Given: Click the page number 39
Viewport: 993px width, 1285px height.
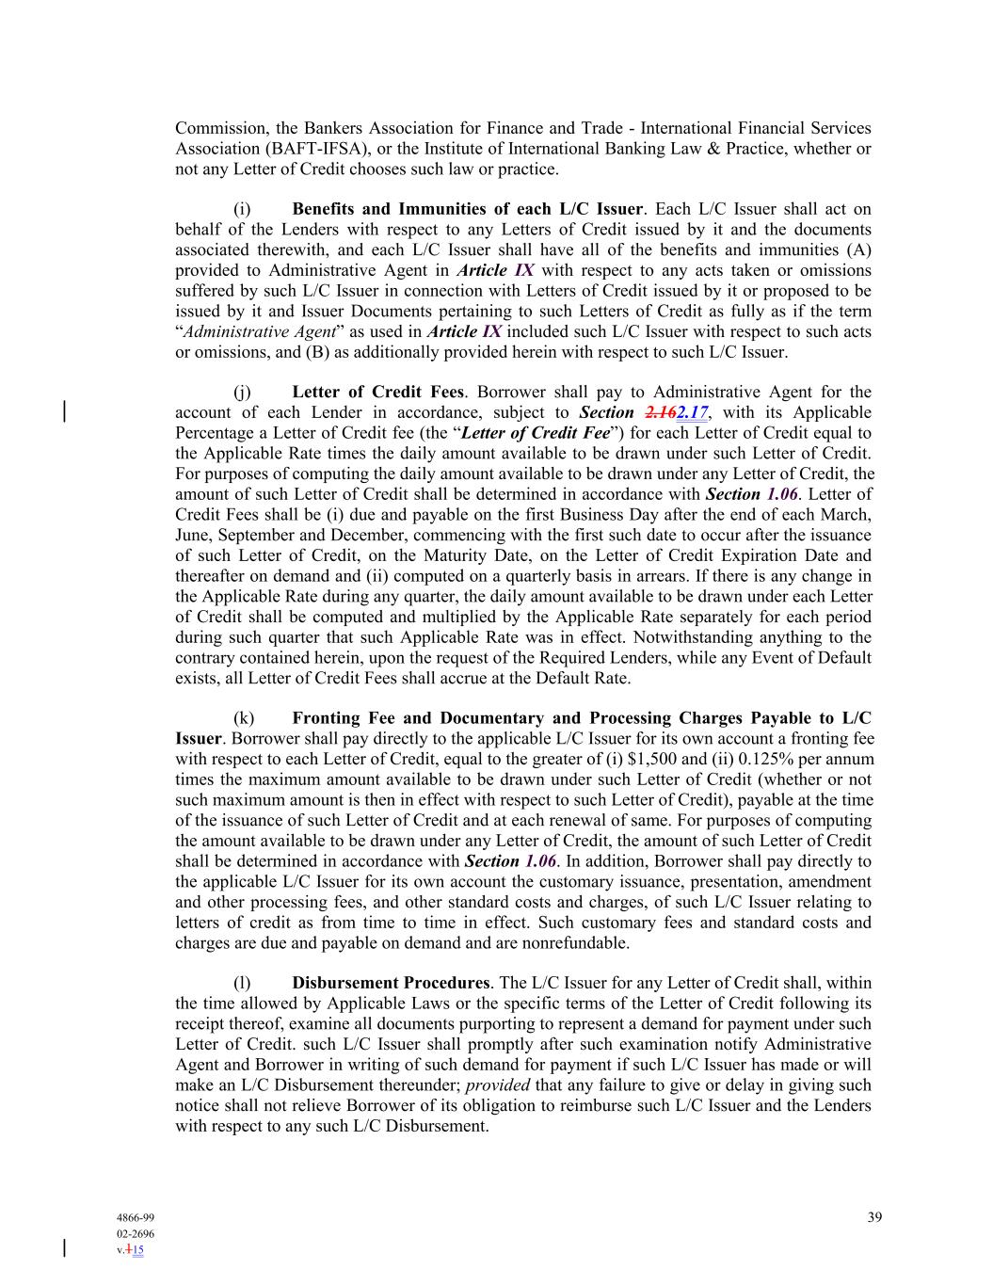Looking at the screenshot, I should click(874, 1217).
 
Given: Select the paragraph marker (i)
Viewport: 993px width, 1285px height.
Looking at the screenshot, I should click(241, 209).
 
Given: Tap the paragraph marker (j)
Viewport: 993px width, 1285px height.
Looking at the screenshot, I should click(241, 392).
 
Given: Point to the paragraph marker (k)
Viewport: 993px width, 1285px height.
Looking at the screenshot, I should click(243, 717).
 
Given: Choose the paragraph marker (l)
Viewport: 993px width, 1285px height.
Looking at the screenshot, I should click(241, 983).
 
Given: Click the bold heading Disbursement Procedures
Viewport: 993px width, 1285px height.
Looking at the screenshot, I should click(391, 983).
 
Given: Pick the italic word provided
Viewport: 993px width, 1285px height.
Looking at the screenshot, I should click(498, 1084).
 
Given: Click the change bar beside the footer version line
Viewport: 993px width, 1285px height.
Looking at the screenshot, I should click(64, 1248).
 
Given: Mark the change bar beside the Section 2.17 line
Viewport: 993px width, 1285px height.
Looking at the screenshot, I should click(64, 411).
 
